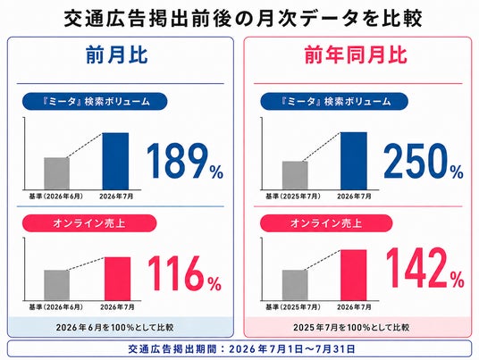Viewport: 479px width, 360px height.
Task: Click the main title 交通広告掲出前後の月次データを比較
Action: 243,19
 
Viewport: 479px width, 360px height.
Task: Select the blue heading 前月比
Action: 117,55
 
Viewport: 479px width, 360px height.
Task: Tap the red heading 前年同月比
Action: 356,55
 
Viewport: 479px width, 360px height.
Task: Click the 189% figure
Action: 185,161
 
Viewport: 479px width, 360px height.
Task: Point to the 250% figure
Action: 424,161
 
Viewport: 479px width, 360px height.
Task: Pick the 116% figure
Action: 185,273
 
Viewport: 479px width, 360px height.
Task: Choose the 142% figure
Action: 424,268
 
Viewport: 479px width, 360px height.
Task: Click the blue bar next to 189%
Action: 115,161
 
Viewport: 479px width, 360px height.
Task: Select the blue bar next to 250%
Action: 354,161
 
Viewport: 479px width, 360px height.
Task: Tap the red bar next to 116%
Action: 118,279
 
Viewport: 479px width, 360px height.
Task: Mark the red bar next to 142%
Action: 354,275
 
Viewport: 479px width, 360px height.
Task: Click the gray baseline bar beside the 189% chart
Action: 57,173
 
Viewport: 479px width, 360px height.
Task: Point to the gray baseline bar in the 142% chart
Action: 295,285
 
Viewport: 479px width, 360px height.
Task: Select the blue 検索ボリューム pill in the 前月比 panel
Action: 95,101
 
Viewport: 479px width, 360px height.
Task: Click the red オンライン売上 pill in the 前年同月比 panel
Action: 326,223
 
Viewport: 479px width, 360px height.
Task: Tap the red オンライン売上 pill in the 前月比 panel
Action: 89,223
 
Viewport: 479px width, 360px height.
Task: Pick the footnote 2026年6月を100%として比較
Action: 115,328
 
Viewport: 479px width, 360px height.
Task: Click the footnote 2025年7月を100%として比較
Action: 351,328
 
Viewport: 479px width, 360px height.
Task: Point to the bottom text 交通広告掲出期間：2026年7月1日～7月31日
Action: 241,348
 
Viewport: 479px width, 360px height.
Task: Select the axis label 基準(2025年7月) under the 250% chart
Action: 293,196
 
